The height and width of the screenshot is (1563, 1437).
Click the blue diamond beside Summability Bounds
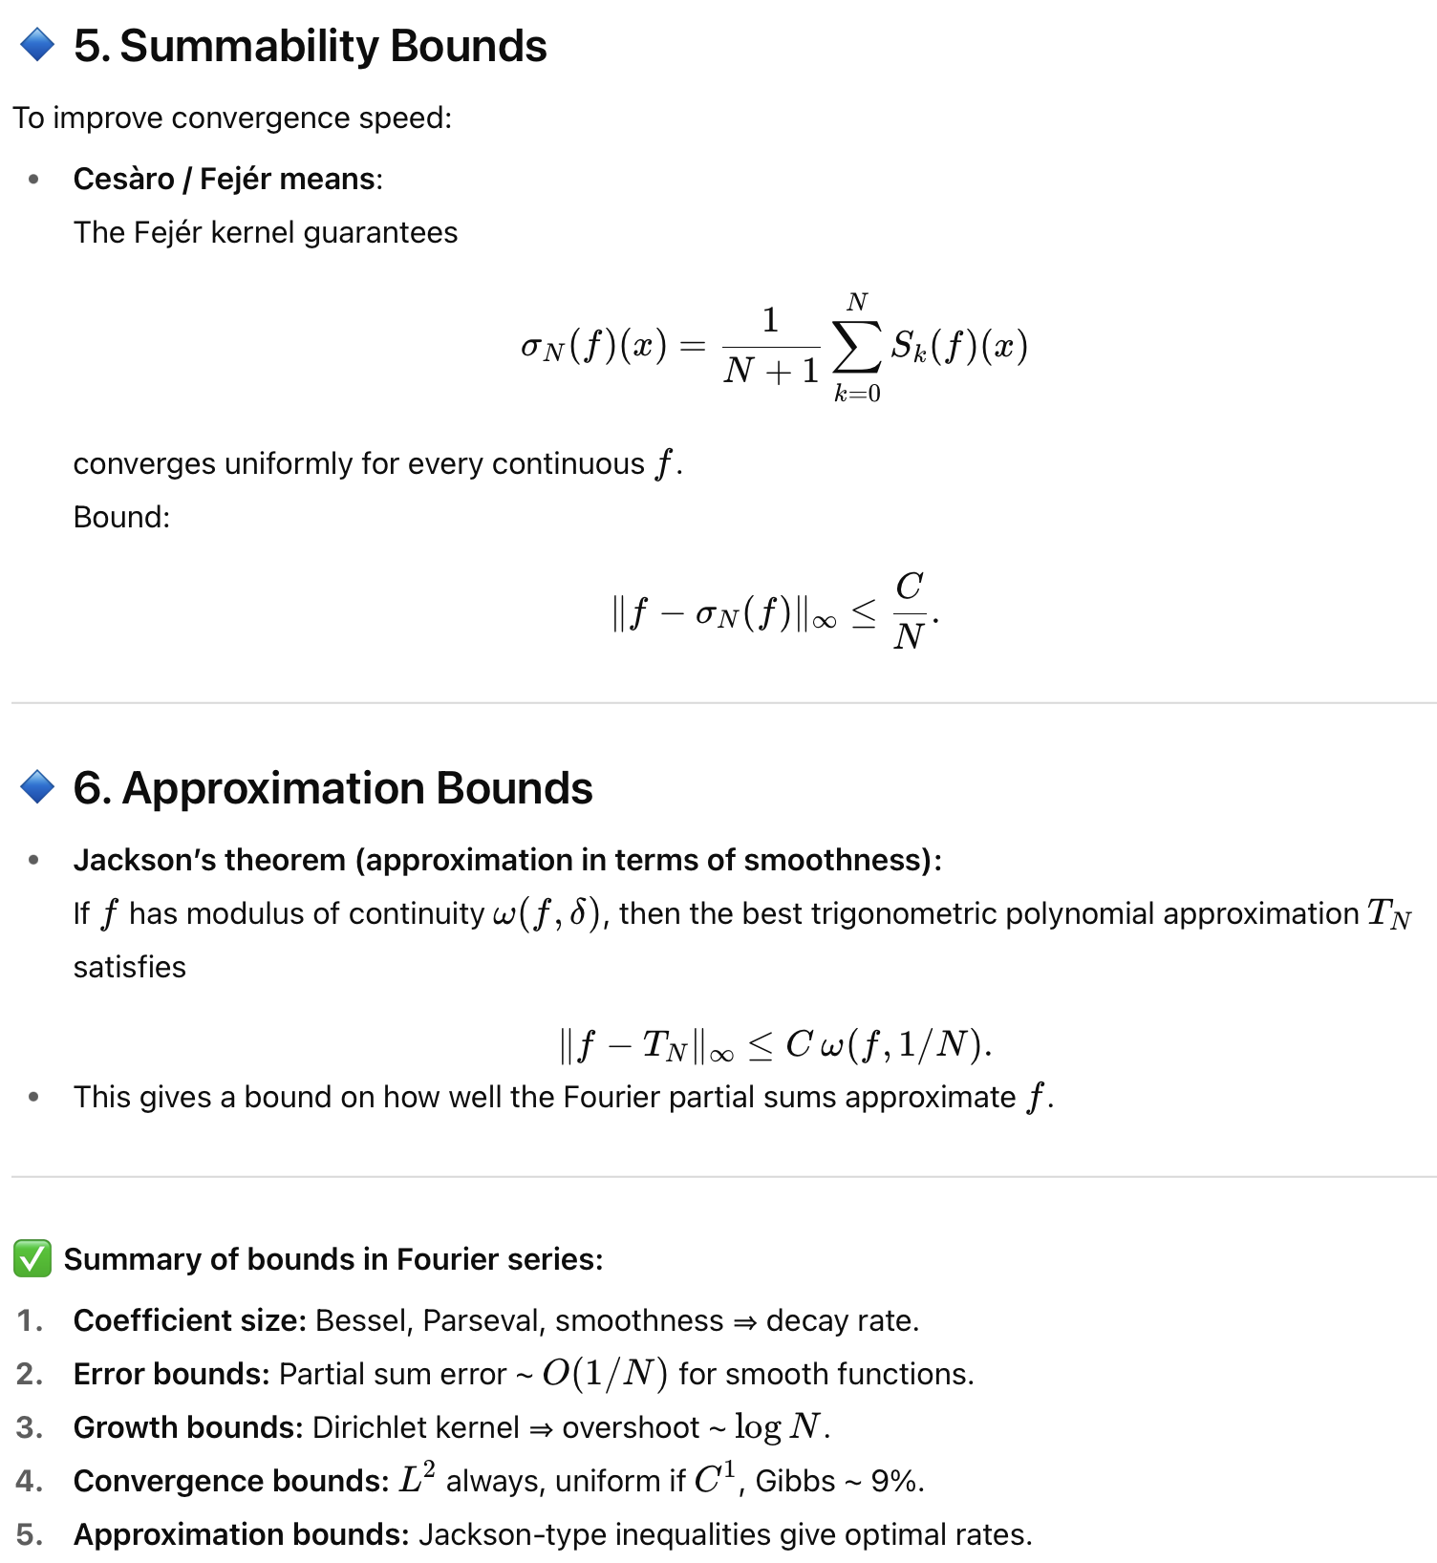pos(37,45)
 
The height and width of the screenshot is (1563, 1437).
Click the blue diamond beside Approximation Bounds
pos(37,787)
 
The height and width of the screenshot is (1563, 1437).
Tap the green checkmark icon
pos(32,1258)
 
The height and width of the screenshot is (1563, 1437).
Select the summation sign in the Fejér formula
pos(856,346)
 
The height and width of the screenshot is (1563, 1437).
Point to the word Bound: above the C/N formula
pos(121,517)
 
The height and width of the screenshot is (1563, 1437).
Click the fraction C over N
pos(910,610)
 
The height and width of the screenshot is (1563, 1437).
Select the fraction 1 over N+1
pos(771,346)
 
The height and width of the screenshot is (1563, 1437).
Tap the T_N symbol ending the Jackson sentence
pos(1388,914)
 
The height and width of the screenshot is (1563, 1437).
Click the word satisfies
pos(130,967)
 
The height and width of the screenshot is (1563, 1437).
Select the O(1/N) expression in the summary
pos(604,1374)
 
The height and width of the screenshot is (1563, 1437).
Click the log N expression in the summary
pos(778,1427)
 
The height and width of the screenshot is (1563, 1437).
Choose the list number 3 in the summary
pos(30,1427)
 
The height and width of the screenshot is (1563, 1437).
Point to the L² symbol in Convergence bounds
pos(418,1479)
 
